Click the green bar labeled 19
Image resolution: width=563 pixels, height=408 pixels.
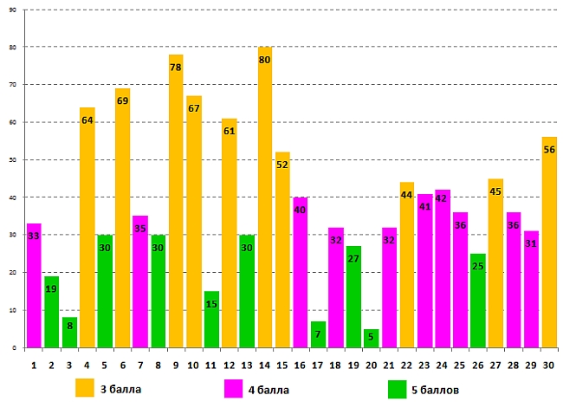[x=52, y=312]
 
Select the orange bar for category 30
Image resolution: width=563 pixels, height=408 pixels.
[x=549, y=243]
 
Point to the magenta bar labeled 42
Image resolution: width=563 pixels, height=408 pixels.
[x=443, y=269]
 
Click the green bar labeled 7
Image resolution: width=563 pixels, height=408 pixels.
[x=318, y=334]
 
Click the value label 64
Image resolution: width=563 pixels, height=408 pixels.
[x=87, y=120]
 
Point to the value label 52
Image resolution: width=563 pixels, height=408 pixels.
[x=282, y=165]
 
